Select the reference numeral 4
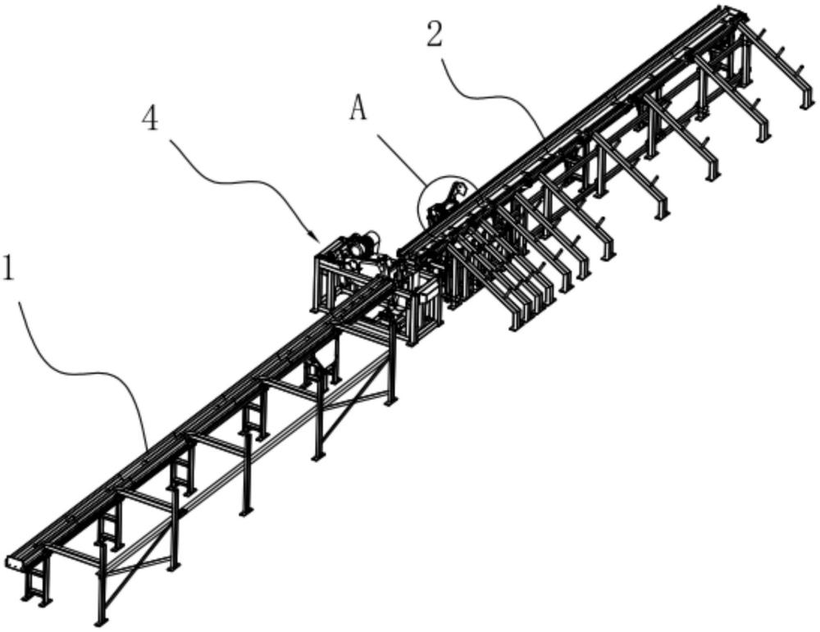pyautogui.click(x=150, y=120)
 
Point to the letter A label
pyautogui.click(x=358, y=109)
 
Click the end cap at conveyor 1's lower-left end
pyautogui.click(x=15, y=563)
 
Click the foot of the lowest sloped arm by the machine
pyautogui.click(x=514, y=326)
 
